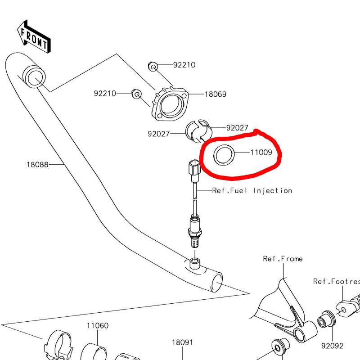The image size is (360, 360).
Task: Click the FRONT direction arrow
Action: pyautogui.click(x=34, y=37)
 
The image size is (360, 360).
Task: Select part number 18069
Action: pyautogui.click(x=216, y=94)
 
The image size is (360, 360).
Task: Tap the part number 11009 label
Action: pyautogui.click(x=261, y=152)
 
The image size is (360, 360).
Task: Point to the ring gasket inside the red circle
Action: pyautogui.click(x=224, y=155)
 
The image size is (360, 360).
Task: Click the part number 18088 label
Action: pyautogui.click(x=38, y=165)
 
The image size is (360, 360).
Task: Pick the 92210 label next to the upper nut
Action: pyautogui.click(x=184, y=65)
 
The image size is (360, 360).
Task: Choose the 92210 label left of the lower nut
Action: pyautogui.click(x=105, y=94)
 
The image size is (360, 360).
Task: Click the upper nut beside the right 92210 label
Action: pyautogui.click(x=153, y=67)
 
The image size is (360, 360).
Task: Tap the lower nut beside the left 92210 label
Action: pyautogui.click(x=137, y=94)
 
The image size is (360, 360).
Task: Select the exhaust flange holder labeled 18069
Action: pyautogui.click(x=170, y=104)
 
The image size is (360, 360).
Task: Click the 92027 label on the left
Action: pyautogui.click(x=159, y=134)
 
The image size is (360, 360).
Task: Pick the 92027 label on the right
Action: pyautogui.click(x=237, y=128)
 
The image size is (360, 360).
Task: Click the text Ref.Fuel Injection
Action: pyautogui.click(x=252, y=190)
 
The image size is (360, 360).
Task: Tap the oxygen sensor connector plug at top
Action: pyautogui.click(x=194, y=167)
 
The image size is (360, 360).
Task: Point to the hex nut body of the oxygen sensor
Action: pyautogui.click(x=195, y=231)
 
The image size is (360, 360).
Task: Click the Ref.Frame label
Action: pyautogui.click(x=283, y=259)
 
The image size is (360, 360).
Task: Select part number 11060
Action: pyautogui.click(x=98, y=325)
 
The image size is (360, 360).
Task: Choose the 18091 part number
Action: pyautogui.click(x=183, y=342)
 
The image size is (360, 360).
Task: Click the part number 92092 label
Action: pyautogui.click(x=332, y=346)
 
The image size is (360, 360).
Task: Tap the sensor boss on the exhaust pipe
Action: pyautogui.click(x=195, y=264)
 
